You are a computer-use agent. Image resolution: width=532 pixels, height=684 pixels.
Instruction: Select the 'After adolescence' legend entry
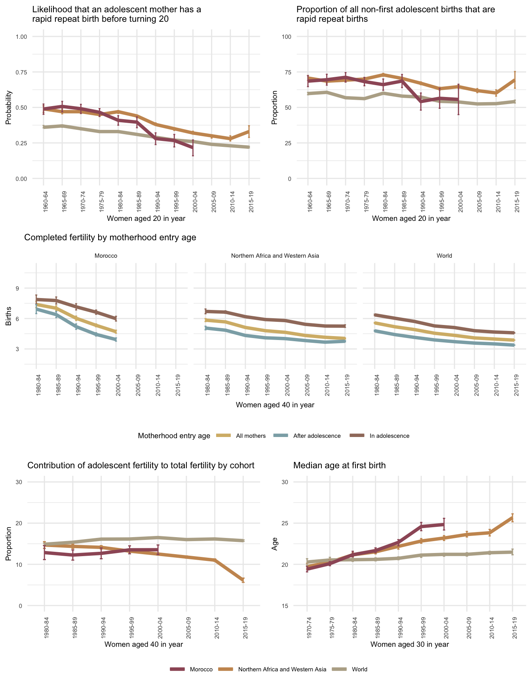click(x=317, y=436)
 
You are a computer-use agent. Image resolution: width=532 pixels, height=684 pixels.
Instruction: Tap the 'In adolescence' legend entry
click(x=389, y=436)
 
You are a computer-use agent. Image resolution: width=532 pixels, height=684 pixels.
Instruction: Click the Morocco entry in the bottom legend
click(x=201, y=669)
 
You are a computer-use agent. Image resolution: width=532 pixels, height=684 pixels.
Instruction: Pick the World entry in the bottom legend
click(x=359, y=669)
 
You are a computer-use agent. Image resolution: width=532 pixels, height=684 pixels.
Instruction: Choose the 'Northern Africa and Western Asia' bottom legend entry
click(x=282, y=669)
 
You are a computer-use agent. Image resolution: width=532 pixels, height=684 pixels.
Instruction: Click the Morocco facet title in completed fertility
click(x=106, y=256)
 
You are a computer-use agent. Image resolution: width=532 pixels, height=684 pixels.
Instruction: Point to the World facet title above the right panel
click(x=444, y=256)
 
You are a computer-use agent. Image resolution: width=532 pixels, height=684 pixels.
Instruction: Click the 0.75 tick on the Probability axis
click(x=21, y=72)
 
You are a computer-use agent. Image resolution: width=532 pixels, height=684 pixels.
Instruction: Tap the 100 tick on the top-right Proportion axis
click(x=287, y=37)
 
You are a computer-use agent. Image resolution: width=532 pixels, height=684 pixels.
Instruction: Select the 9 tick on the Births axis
click(x=17, y=288)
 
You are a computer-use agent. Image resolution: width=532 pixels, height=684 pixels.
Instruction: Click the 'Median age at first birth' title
click(x=339, y=465)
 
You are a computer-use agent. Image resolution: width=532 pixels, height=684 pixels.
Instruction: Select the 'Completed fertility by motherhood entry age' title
click(x=110, y=237)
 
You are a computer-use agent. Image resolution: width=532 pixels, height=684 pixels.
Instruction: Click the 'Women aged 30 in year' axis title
click(x=410, y=644)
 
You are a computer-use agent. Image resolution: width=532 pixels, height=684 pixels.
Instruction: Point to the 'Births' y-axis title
click(x=9, y=319)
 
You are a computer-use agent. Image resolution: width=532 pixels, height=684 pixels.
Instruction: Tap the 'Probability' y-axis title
click(x=9, y=108)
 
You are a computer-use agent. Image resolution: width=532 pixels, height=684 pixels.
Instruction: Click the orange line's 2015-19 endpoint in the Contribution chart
click(x=243, y=580)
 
